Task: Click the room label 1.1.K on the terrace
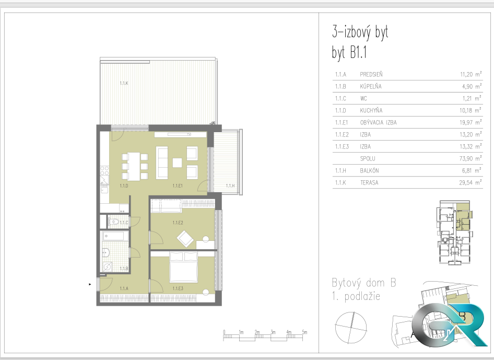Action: click(124, 83)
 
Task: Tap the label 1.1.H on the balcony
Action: click(230, 185)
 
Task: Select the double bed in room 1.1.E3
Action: click(184, 267)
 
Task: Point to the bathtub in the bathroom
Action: click(115, 236)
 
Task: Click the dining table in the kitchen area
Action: click(134, 167)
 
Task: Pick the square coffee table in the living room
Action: click(178, 162)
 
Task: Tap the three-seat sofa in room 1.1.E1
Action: click(162, 162)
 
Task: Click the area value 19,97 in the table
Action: click(466, 123)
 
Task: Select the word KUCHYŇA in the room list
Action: click(371, 111)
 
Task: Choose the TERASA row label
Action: click(369, 182)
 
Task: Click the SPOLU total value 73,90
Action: click(466, 158)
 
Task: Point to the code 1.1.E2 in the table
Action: click(342, 135)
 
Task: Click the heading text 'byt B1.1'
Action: click(349, 52)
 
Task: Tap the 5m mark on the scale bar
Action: click(304, 332)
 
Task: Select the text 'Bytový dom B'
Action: click(364, 283)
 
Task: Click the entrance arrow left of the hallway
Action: click(90, 284)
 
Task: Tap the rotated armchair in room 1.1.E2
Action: click(185, 239)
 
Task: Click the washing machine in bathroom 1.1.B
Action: click(108, 267)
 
